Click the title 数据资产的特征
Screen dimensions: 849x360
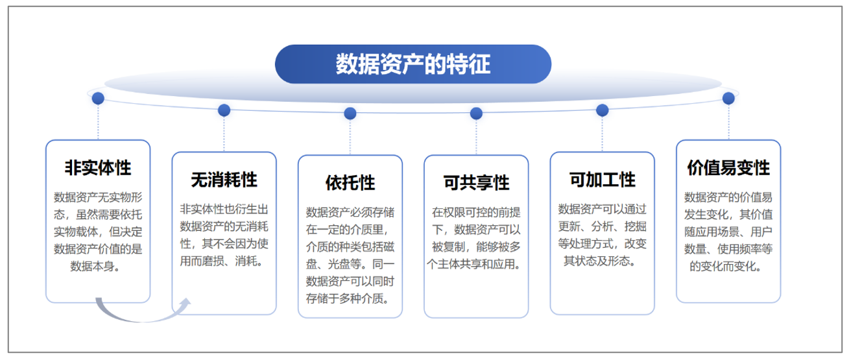pyautogui.click(x=413, y=64)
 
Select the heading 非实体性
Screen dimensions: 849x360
pyautogui.click(x=98, y=167)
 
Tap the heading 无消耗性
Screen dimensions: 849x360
pyautogui.click(x=224, y=180)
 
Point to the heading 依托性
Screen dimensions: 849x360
pyautogui.click(x=350, y=183)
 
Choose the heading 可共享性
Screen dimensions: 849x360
pyautogui.click(x=477, y=183)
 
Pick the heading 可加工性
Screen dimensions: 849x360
pyautogui.click(x=603, y=180)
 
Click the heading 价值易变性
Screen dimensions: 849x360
pyautogui.click(x=728, y=167)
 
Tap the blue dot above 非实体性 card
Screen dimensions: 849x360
pyautogui.click(x=98, y=98)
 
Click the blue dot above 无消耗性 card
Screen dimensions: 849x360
pyautogui.click(x=224, y=110)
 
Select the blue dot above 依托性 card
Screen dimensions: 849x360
pyautogui.click(x=350, y=114)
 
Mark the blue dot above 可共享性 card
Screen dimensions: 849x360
pyautogui.click(x=477, y=114)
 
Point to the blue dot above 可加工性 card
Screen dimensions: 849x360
pyautogui.click(x=603, y=110)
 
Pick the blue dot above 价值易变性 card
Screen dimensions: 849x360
pyautogui.click(x=728, y=98)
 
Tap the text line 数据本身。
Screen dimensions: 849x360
pyautogui.click(x=95, y=267)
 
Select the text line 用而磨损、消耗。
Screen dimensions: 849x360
pyautogui.click(x=221, y=261)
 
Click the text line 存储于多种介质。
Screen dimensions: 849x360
pyautogui.click(x=348, y=299)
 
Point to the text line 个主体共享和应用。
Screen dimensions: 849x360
pyautogui.click(x=473, y=264)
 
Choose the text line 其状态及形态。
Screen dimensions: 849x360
pyautogui.click(x=599, y=261)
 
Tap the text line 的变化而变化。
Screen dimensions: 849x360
pyautogui.click(x=726, y=267)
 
